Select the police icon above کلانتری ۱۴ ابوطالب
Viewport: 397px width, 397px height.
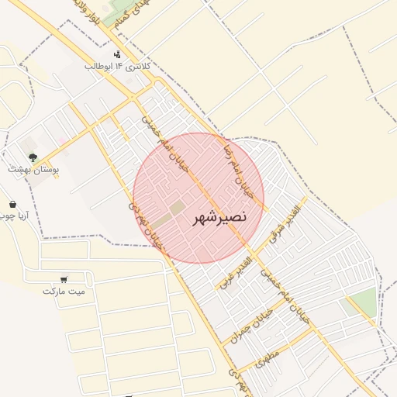coord(116,54)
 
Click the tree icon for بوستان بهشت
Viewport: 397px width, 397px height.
coord(33,157)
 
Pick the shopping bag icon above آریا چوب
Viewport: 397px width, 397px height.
coord(12,204)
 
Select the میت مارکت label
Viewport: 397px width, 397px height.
coord(64,292)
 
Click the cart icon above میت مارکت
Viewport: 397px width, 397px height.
coord(64,279)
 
